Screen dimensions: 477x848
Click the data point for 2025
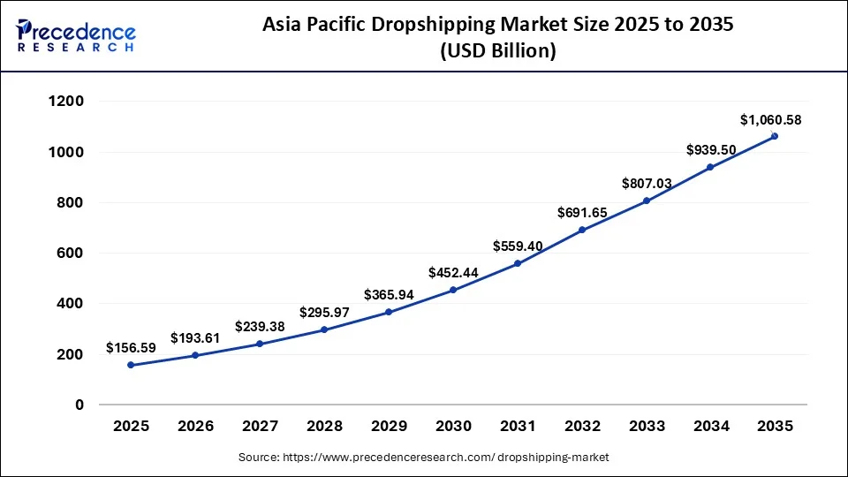pyautogui.click(x=131, y=365)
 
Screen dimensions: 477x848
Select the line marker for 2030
pyautogui.click(x=453, y=290)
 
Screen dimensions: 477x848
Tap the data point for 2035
pyautogui.click(x=775, y=136)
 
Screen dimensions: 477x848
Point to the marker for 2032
pyautogui.click(x=582, y=230)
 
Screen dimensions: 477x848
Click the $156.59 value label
pyautogui.click(x=131, y=348)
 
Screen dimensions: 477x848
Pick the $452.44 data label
pyautogui.click(x=453, y=273)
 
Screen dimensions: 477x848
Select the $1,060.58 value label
pyautogui.click(x=770, y=120)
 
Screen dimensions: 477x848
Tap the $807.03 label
pyautogui.click(x=647, y=184)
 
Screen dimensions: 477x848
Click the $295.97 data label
pyautogui.click(x=324, y=312)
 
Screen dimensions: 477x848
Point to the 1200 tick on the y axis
pyautogui.click(x=66, y=102)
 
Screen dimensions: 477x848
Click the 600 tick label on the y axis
pyautogui.click(x=71, y=254)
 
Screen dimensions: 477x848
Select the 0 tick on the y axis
pyautogui.click(x=79, y=405)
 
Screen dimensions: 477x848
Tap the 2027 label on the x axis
pyautogui.click(x=260, y=426)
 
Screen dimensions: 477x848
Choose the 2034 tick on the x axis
pyautogui.click(x=710, y=426)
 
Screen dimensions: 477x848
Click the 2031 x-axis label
pyautogui.click(x=518, y=426)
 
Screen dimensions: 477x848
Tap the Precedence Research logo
pyautogui.click(x=76, y=35)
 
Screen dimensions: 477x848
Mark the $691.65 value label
pyautogui.click(x=582, y=213)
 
